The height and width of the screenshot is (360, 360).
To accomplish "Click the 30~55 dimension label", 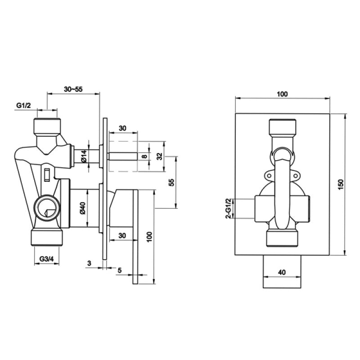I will (73, 90).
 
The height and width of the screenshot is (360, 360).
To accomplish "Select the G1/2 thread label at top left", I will (23, 105).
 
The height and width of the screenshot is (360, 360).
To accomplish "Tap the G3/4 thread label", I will (47, 259).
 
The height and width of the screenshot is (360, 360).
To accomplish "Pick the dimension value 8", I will (144, 157).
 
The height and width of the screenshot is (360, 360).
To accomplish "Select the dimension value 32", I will (159, 157).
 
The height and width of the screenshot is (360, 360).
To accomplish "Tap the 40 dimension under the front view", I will (282, 272).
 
